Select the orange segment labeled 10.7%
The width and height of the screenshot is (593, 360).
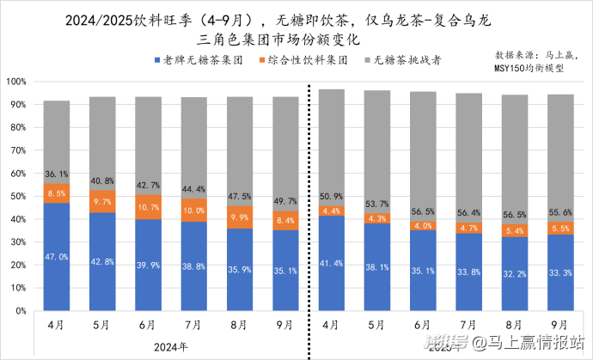point(150,207)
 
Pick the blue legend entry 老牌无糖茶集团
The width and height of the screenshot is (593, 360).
point(199,62)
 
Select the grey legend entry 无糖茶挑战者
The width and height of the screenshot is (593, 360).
point(412,62)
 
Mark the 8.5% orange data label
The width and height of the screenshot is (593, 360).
point(58,194)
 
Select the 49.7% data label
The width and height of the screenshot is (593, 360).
point(287,200)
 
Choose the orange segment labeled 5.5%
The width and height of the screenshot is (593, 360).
point(561,228)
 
